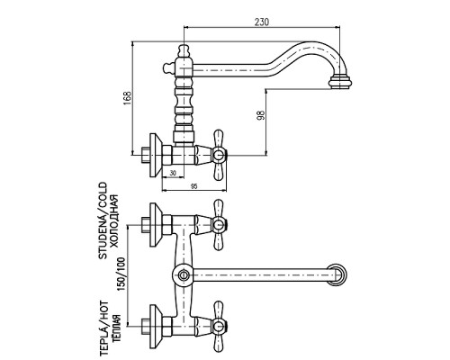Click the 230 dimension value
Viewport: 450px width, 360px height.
[262, 22]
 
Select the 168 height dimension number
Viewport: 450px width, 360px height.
[128, 98]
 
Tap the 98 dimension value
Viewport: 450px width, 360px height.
[261, 115]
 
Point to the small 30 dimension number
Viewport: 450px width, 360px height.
[173, 173]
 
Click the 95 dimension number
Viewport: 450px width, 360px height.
[194, 186]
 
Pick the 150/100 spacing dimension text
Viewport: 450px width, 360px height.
[121, 274]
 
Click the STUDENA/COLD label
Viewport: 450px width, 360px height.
[103, 220]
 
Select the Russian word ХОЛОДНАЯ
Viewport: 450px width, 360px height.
[114, 221]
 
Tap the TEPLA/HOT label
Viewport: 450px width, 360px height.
[103, 328]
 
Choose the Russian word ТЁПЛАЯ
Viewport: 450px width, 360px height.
[116, 328]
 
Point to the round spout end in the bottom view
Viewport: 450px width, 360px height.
[337, 274]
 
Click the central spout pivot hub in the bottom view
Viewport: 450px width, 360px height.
[183, 274]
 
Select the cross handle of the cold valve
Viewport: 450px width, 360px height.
[219, 225]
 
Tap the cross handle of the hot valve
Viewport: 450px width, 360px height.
[219, 326]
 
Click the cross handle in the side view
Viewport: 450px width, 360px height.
[219, 155]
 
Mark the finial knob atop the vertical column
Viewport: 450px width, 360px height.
[184, 50]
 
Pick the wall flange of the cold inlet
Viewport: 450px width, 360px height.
[156, 225]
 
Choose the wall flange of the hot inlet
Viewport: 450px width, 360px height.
[156, 327]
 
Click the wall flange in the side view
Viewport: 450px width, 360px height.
[156, 156]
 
